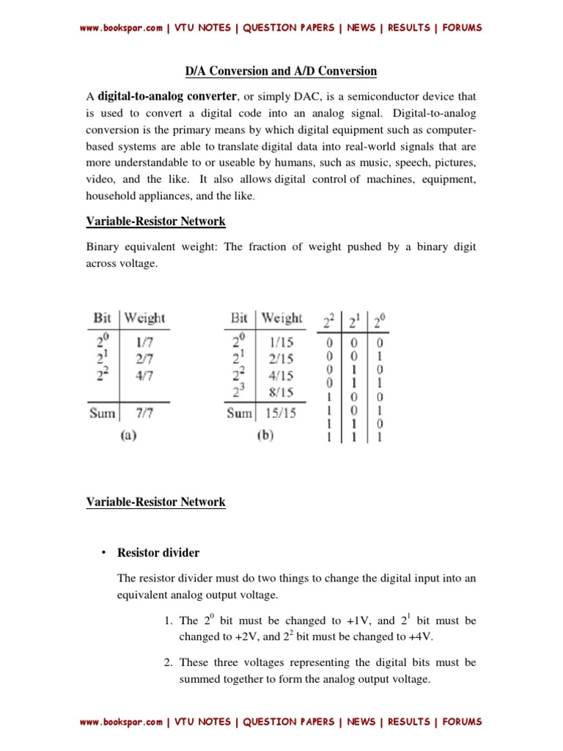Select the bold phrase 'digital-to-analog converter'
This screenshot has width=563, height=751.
click(x=166, y=96)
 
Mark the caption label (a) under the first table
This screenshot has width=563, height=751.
click(x=128, y=434)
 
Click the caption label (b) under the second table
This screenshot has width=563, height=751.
click(x=265, y=434)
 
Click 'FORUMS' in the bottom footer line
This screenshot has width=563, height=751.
click(x=460, y=722)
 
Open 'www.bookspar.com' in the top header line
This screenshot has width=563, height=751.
click(x=121, y=28)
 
